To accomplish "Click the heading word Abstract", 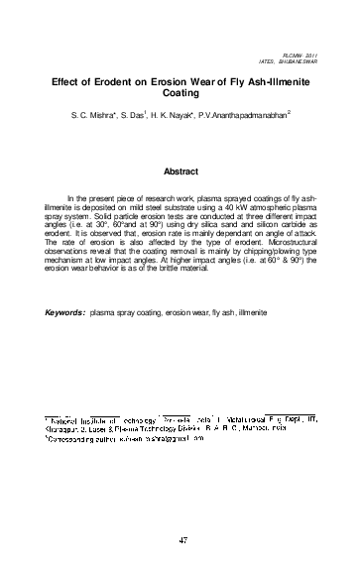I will click(x=180, y=171).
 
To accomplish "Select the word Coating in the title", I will click(x=180, y=99).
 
